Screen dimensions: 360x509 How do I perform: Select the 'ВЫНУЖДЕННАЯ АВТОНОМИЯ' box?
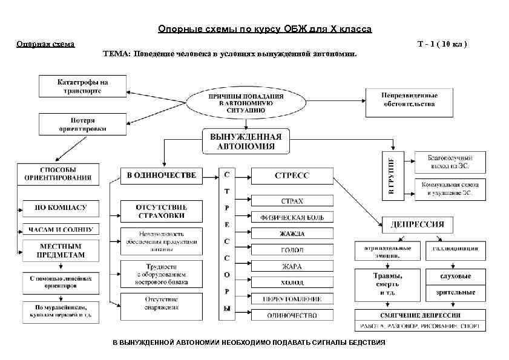click(x=246, y=141)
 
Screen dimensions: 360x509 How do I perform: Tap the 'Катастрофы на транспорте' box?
click(x=82, y=86)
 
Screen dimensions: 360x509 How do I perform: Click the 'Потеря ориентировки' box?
click(x=82, y=125)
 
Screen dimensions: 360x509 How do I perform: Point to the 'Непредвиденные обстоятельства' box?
click(x=409, y=100)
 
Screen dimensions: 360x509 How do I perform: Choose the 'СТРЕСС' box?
click(x=292, y=175)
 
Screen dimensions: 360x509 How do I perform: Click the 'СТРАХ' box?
click(x=292, y=201)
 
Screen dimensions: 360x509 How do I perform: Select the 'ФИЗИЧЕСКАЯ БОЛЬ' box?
click(x=292, y=217)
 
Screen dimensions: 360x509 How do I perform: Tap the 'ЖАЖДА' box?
click(x=292, y=234)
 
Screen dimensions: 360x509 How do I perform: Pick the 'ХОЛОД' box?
click(x=292, y=283)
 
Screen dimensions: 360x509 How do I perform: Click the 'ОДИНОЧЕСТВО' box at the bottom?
click(x=292, y=315)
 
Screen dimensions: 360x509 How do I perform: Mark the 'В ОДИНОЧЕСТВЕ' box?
click(x=161, y=175)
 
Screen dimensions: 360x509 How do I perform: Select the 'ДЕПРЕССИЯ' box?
click(x=418, y=224)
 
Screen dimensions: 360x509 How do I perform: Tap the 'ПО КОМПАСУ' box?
click(x=60, y=208)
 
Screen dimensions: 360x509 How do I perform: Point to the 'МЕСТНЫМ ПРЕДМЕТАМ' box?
click(x=60, y=250)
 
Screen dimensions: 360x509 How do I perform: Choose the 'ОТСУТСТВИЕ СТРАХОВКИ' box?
click(x=161, y=212)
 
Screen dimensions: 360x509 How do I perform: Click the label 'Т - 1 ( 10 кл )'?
click(x=442, y=44)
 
